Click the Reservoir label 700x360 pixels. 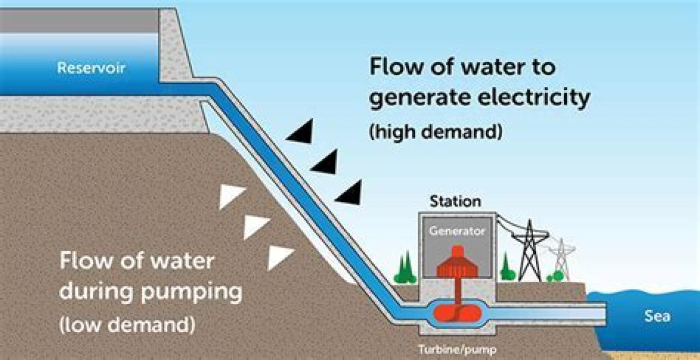[x=91, y=68]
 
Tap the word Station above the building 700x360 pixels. [x=456, y=202]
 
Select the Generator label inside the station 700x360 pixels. [x=457, y=231]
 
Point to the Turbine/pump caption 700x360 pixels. [x=457, y=351]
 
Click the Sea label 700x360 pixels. [x=657, y=317]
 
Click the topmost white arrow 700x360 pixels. [x=230, y=197]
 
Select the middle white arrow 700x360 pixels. [x=255, y=226]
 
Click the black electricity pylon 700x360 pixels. [x=530, y=249]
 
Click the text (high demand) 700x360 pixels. [x=435, y=132]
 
